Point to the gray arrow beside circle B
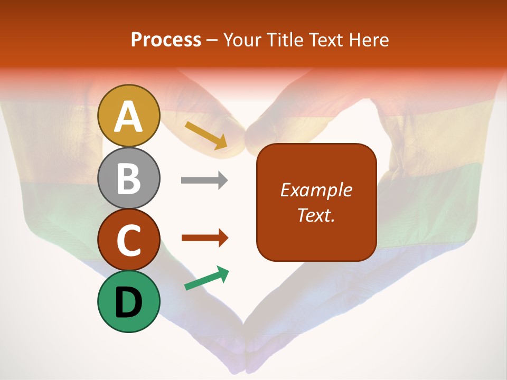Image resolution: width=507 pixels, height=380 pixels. point(204,180)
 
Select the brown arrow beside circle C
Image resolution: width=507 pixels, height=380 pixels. point(205,238)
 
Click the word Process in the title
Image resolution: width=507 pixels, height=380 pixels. point(166,40)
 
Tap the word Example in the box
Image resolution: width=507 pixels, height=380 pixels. point(316,191)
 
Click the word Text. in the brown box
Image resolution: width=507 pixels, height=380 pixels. point(316,215)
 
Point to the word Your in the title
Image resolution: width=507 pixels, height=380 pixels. point(242,40)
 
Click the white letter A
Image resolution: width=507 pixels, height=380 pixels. point(129,117)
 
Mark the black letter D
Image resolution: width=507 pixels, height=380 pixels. point(129,302)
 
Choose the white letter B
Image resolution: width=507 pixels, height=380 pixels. point(129,179)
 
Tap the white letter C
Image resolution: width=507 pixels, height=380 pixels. point(129,241)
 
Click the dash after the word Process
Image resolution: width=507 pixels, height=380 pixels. point(212,41)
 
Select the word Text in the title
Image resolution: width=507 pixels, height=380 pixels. point(326,40)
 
